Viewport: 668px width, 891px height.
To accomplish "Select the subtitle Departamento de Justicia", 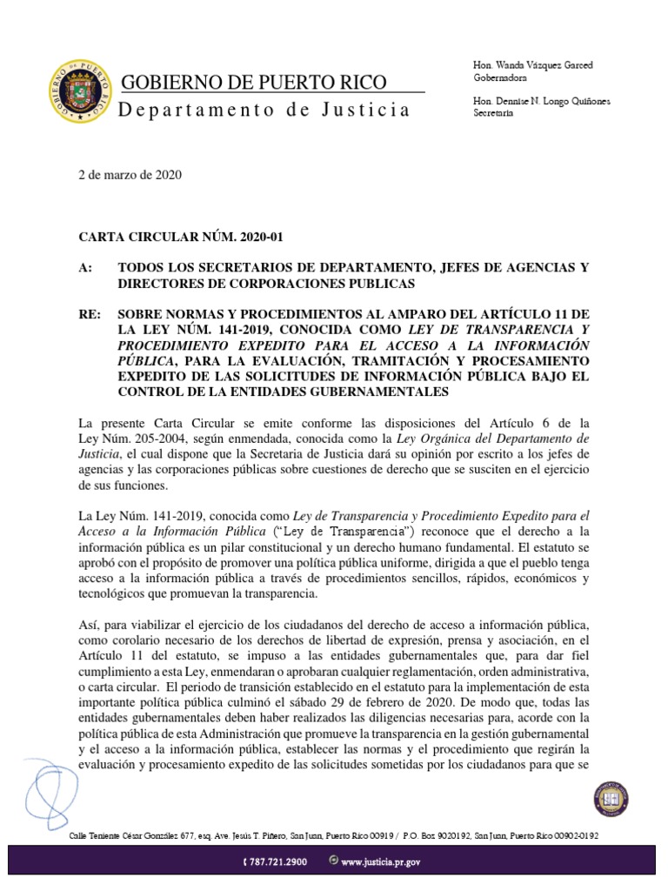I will (x=264, y=111).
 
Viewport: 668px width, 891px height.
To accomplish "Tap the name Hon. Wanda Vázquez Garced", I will (x=532, y=66).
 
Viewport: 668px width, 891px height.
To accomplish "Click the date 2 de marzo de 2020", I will (x=130, y=174).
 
